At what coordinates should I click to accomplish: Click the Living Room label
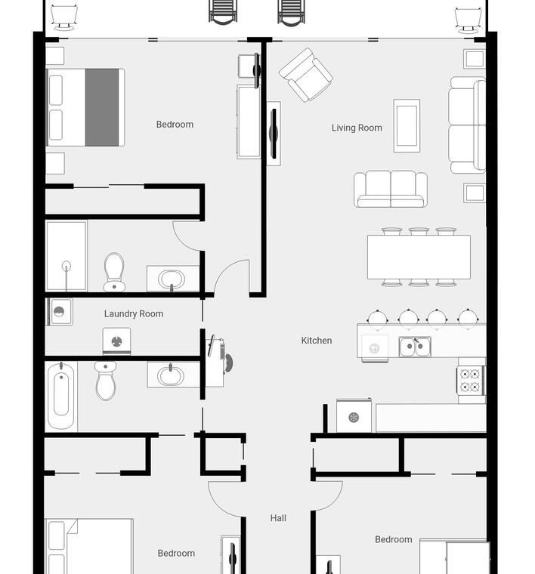tap(357, 128)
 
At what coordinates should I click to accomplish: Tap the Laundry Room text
tap(134, 313)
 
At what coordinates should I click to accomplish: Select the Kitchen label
tap(317, 341)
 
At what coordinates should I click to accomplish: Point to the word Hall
tap(278, 518)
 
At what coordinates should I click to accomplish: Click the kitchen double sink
tap(415, 347)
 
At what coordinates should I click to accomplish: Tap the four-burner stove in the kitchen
tap(471, 381)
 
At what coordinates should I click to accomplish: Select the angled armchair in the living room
tap(306, 75)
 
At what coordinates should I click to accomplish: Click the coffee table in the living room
tap(407, 125)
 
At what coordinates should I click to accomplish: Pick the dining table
tap(419, 257)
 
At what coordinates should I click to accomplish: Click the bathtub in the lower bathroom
tap(61, 395)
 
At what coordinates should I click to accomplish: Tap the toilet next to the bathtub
tap(106, 381)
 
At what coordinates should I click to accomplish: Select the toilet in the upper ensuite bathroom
tap(114, 272)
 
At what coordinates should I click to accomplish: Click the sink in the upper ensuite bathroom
tap(172, 279)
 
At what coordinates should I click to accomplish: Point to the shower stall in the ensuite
tap(66, 256)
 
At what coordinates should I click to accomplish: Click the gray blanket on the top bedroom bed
tap(102, 107)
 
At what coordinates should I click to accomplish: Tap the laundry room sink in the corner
tap(60, 312)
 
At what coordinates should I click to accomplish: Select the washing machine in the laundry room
tap(116, 341)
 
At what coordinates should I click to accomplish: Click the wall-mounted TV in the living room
tap(274, 134)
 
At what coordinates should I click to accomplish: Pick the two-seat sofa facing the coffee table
tap(391, 189)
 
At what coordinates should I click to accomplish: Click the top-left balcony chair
tap(63, 17)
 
